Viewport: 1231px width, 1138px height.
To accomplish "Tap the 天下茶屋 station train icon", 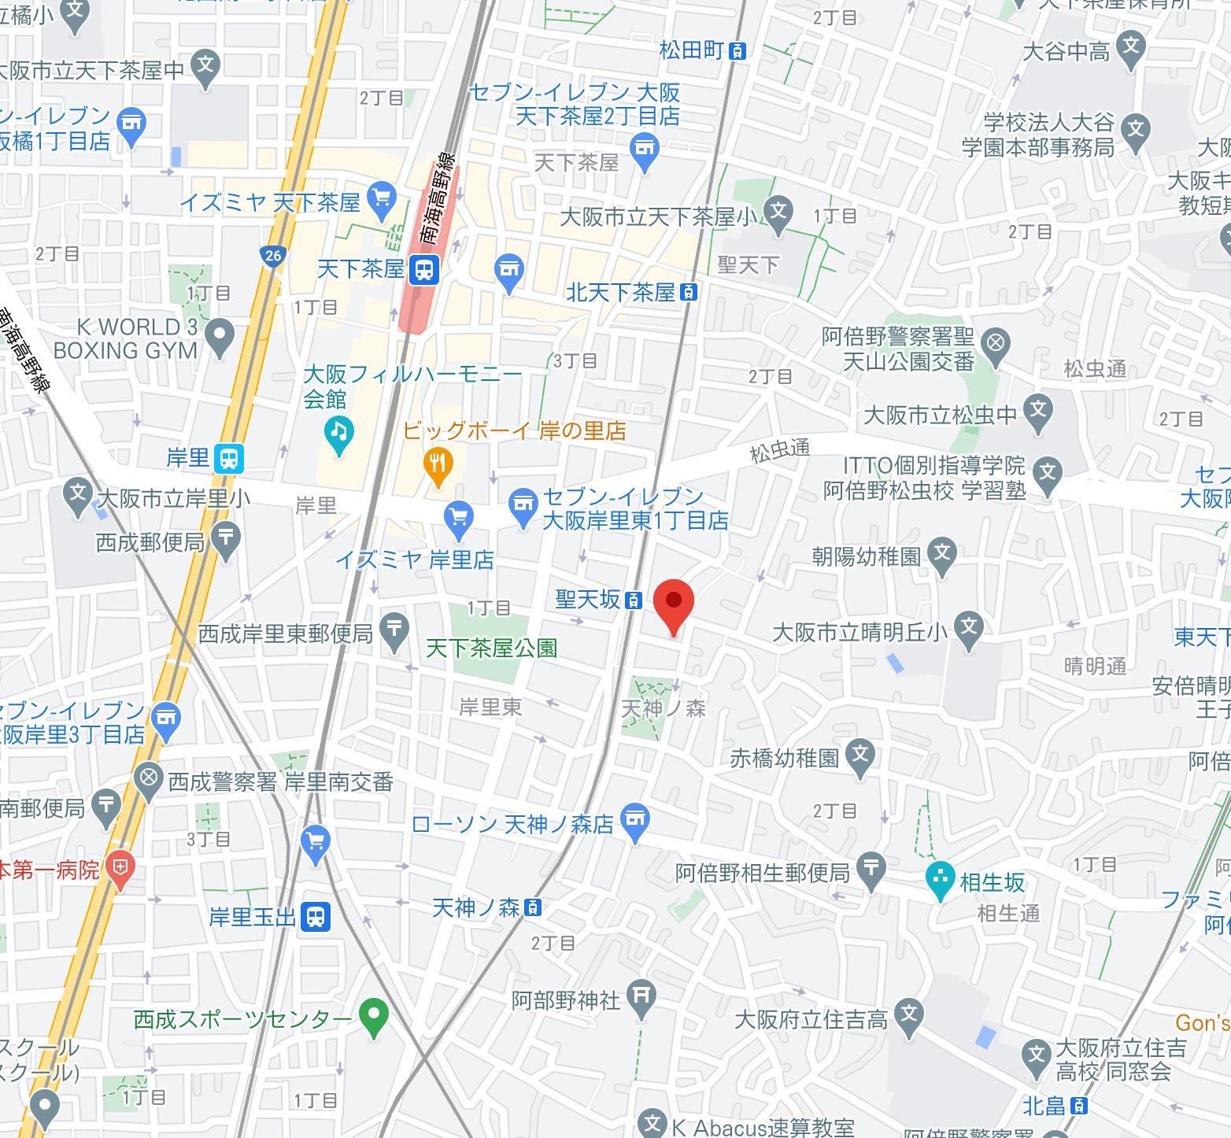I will tap(424, 270).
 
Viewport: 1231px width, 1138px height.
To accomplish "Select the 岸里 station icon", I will tap(229, 458).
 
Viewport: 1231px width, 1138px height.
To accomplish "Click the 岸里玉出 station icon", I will tap(316, 916).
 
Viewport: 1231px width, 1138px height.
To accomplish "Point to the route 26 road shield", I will tap(272, 255).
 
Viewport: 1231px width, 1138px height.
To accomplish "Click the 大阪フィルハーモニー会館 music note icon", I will tap(338, 431).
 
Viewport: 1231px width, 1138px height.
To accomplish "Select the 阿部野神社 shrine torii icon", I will tap(641, 995).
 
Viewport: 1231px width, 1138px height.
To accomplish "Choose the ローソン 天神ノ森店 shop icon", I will tap(635, 820).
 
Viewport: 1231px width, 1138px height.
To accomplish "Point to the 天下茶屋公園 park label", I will tap(492, 648).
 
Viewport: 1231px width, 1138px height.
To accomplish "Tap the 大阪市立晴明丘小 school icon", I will tap(970, 628).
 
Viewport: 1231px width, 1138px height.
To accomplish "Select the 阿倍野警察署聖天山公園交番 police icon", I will tap(996, 344).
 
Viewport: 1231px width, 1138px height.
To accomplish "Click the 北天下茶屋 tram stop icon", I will tap(689, 293).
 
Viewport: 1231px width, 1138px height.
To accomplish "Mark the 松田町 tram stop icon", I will tap(737, 51).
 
